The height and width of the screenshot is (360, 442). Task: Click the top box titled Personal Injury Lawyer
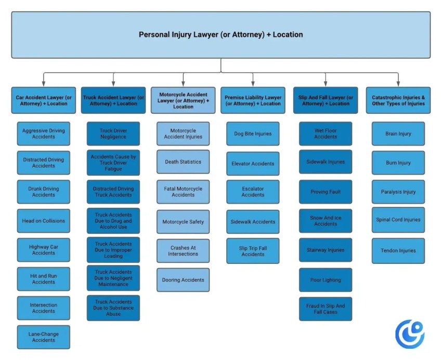tap(221, 35)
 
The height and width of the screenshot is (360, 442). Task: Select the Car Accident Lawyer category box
tap(43, 100)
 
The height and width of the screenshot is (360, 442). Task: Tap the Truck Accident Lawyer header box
tap(113, 100)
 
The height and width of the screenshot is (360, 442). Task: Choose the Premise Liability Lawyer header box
tap(253, 100)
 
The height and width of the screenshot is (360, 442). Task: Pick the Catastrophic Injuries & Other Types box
tap(398, 100)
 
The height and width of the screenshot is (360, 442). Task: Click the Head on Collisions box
tap(44, 221)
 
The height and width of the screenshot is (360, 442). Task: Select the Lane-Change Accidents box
tap(44, 337)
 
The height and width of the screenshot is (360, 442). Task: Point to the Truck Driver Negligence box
tap(113, 134)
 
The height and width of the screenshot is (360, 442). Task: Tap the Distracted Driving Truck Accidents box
tap(113, 192)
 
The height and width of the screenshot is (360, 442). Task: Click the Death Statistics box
tap(183, 162)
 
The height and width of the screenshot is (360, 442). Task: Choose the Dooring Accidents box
tap(183, 280)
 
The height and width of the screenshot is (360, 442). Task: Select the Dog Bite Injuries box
tap(253, 134)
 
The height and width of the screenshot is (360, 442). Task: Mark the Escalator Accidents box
tap(253, 192)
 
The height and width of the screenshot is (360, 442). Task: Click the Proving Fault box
tap(326, 192)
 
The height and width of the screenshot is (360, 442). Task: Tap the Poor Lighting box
tap(326, 280)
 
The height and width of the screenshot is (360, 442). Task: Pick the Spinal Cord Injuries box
tap(398, 220)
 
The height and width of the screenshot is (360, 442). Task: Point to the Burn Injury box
tap(398, 163)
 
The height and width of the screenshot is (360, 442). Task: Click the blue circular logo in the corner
tap(410, 334)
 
